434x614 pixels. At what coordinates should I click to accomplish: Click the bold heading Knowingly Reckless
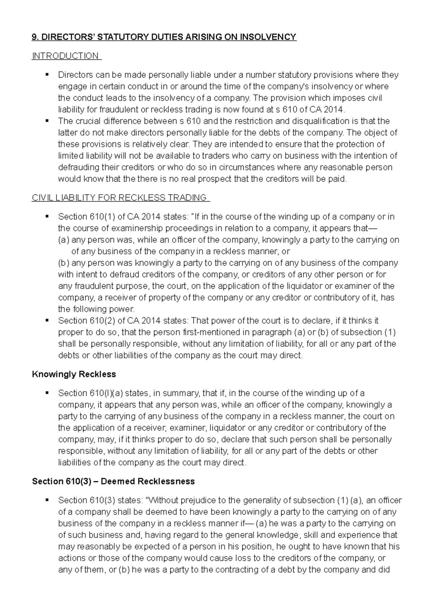click(x=74, y=374)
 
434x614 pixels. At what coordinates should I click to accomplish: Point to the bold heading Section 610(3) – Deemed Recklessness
click(x=113, y=481)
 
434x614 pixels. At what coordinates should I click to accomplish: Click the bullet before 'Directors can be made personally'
click(x=47, y=75)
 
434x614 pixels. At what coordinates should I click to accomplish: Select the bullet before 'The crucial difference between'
click(x=47, y=121)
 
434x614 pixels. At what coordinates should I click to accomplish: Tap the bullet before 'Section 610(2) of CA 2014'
click(x=47, y=321)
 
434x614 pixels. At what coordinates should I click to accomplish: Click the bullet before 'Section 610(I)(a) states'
click(x=47, y=393)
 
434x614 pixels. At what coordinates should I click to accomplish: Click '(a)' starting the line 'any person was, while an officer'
click(x=64, y=240)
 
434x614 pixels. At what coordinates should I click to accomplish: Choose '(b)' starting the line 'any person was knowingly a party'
click(x=64, y=263)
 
